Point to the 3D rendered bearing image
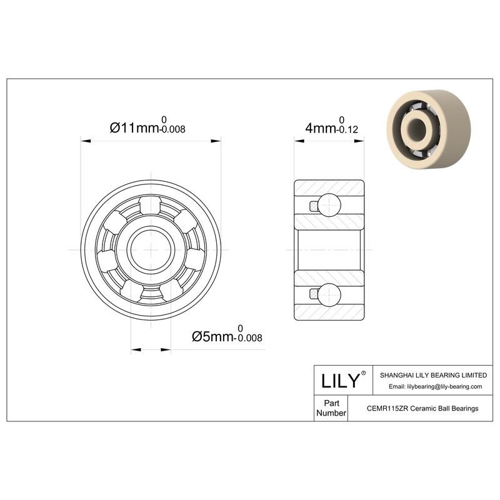[429, 129]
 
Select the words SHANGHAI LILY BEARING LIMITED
[433, 375]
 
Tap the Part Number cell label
[331, 408]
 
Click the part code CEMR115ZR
[387, 408]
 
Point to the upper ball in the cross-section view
[329, 205]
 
